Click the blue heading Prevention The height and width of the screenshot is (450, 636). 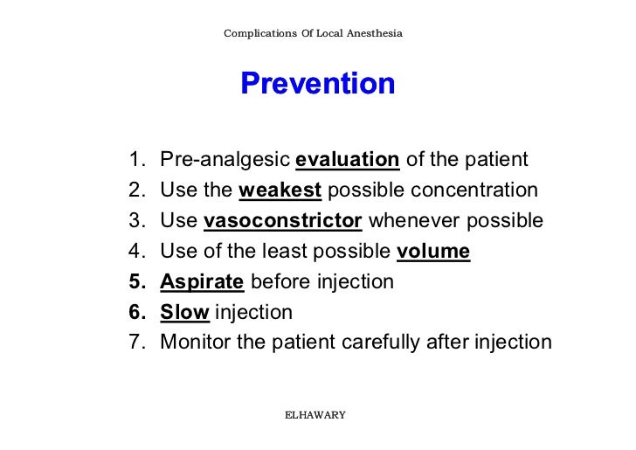point(318,84)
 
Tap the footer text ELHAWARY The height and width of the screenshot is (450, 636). point(315,414)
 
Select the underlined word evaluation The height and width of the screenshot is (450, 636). point(348,161)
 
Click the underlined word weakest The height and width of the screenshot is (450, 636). point(280,191)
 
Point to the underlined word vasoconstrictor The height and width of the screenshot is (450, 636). point(283,222)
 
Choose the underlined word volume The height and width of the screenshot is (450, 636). point(433,253)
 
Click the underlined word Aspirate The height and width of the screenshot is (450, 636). point(202,282)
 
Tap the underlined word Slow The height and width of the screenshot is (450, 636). point(185,312)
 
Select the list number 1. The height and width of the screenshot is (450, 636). point(135,161)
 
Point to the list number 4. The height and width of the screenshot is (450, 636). point(135,253)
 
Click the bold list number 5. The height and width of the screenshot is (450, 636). point(135,282)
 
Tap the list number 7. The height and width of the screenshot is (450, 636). point(135,343)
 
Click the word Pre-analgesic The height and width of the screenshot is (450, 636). point(225,161)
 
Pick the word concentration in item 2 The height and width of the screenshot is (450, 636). point(475,191)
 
